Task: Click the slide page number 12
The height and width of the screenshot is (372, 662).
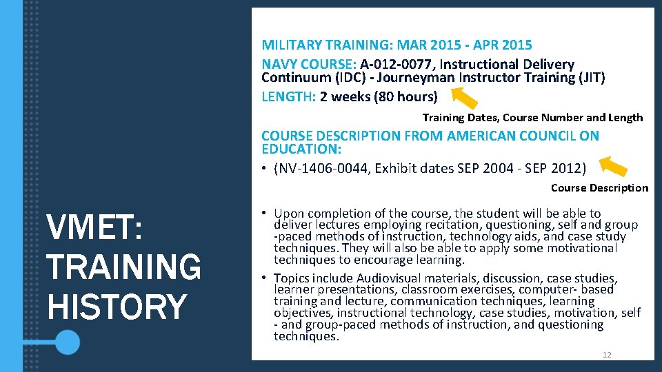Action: pos(607,355)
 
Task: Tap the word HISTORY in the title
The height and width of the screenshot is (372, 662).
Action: pos(117,306)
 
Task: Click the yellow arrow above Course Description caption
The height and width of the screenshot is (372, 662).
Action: pos(612,167)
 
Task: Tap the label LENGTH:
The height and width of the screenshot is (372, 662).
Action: pos(289,96)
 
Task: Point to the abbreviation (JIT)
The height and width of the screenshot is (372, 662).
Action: pos(592,78)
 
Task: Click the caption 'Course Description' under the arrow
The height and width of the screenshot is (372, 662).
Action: pos(599,188)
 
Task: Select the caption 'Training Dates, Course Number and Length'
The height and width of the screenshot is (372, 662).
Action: pos(532,118)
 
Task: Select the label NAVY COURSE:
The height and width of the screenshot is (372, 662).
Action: pos(308,64)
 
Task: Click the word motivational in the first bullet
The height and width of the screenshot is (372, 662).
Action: pos(574,248)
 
